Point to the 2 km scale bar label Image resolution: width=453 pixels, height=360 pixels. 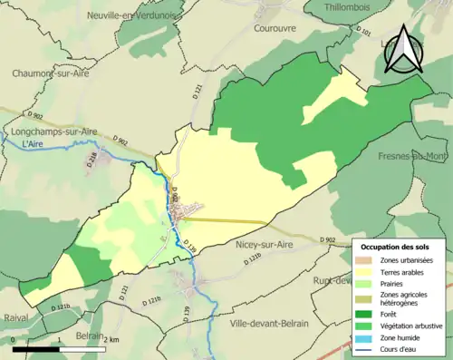click(110, 340)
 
